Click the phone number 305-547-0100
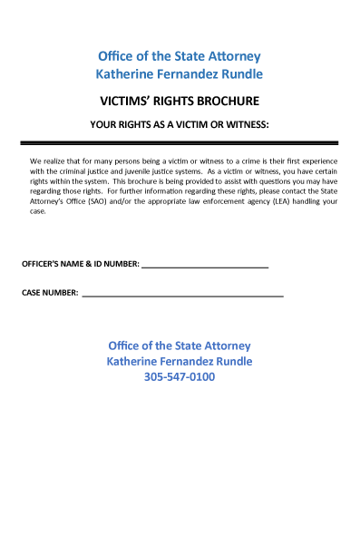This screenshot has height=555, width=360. point(180,377)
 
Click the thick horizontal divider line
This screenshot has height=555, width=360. point(180,143)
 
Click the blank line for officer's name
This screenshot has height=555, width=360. point(205,268)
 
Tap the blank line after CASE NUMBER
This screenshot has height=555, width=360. point(182,297)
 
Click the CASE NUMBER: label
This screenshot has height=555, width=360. point(50,293)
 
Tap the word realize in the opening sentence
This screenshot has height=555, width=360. point(57,161)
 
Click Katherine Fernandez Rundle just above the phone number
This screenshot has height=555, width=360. point(180,361)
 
